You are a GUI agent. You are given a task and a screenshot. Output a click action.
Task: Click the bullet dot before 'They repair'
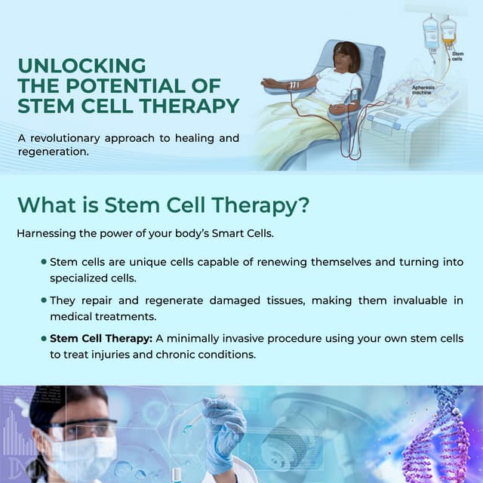[44, 300]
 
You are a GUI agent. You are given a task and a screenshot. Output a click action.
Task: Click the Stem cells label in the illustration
[457, 57]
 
